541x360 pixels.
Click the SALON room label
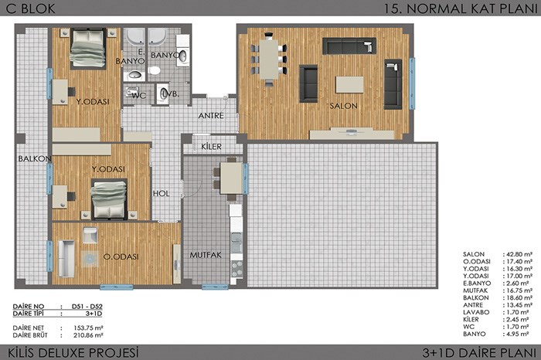[343, 106]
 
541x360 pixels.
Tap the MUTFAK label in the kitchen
[206, 255]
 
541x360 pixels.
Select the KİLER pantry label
[211, 147]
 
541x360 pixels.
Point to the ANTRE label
[211, 116]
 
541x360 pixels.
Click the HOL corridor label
[161, 193]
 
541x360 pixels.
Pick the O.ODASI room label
[121, 256]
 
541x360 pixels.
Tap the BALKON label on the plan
[35, 158]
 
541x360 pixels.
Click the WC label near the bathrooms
[139, 96]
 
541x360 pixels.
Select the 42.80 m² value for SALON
[519, 254]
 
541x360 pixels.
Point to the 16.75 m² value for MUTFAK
[519, 290]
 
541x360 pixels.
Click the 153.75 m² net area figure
[88, 328]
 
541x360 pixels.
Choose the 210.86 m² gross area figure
[88, 335]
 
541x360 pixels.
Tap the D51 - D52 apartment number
[87, 306]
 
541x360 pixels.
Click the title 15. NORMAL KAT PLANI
[461, 8]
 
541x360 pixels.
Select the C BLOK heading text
[30, 8]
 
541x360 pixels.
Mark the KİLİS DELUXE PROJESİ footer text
[73, 352]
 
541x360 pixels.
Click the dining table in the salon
[269, 59]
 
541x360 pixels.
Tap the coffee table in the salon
[349, 84]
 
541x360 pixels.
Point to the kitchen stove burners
[236, 269]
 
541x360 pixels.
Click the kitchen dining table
[231, 178]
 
